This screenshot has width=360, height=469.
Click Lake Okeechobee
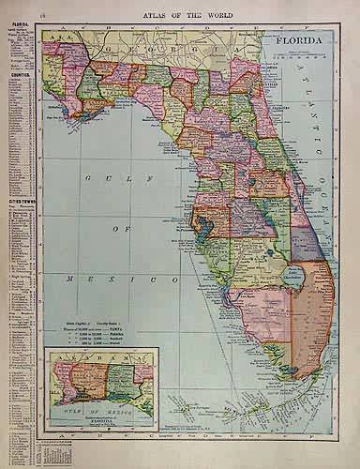point(293,276)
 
